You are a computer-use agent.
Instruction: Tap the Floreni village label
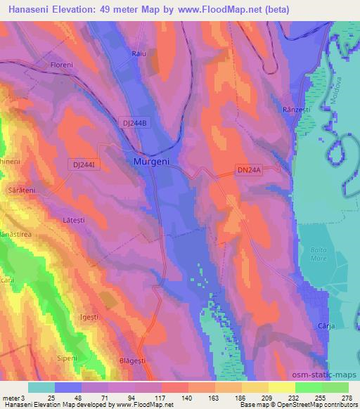point(62,65)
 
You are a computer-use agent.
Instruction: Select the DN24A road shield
point(248,169)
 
